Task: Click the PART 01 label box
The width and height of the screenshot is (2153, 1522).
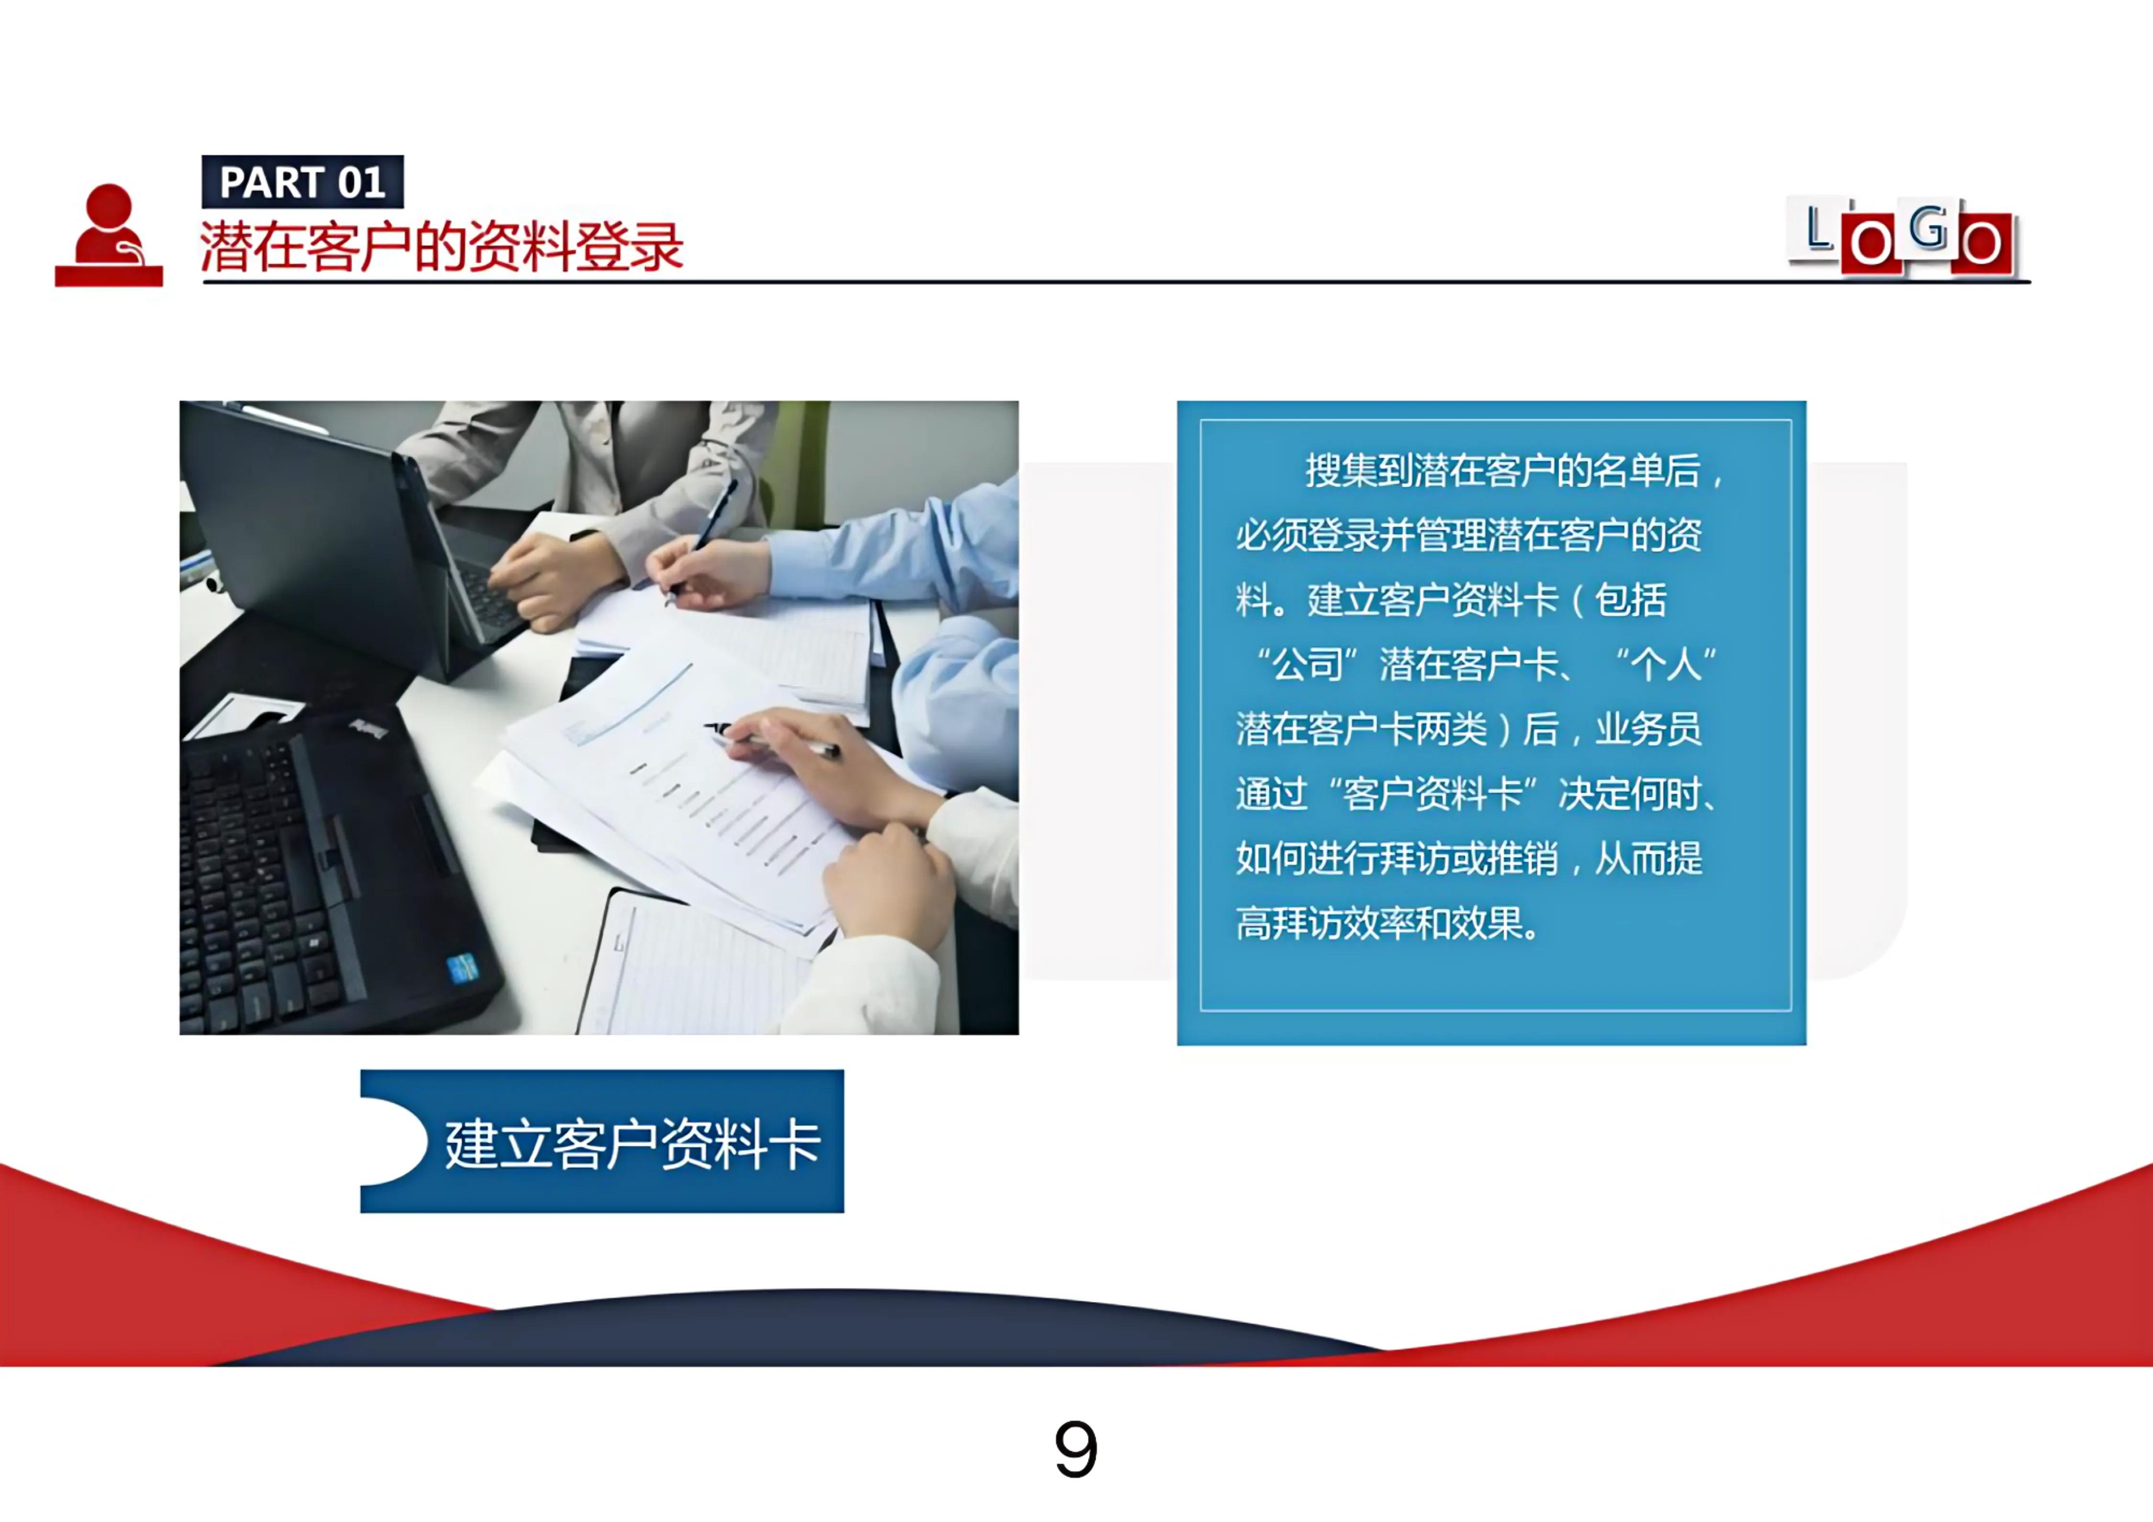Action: click(x=302, y=182)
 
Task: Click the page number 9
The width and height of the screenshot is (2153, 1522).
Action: click(x=1076, y=1449)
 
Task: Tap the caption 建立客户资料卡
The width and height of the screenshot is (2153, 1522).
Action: click(x=633, y=1144)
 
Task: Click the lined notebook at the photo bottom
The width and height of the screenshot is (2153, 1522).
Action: click(x=694, y=966)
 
